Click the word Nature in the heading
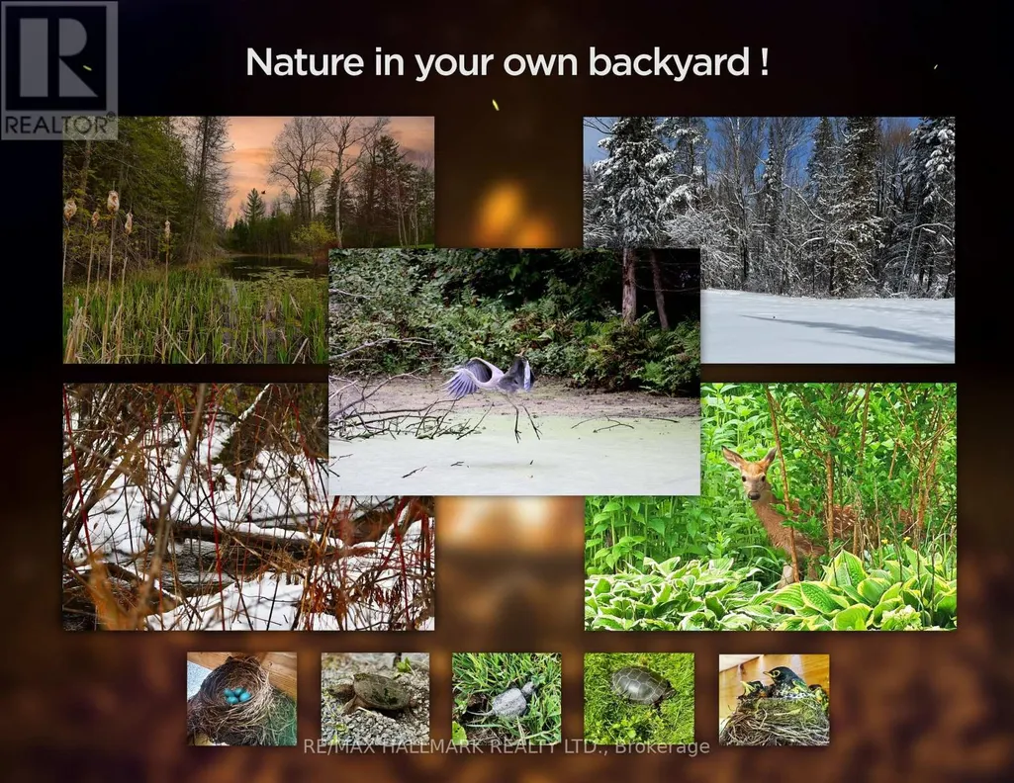pos(305,62)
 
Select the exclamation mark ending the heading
pos(764,62)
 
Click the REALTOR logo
pos(58,70)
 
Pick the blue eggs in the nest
pos(237,695)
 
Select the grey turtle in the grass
pos(508,700)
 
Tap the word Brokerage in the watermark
pos(662,747)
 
